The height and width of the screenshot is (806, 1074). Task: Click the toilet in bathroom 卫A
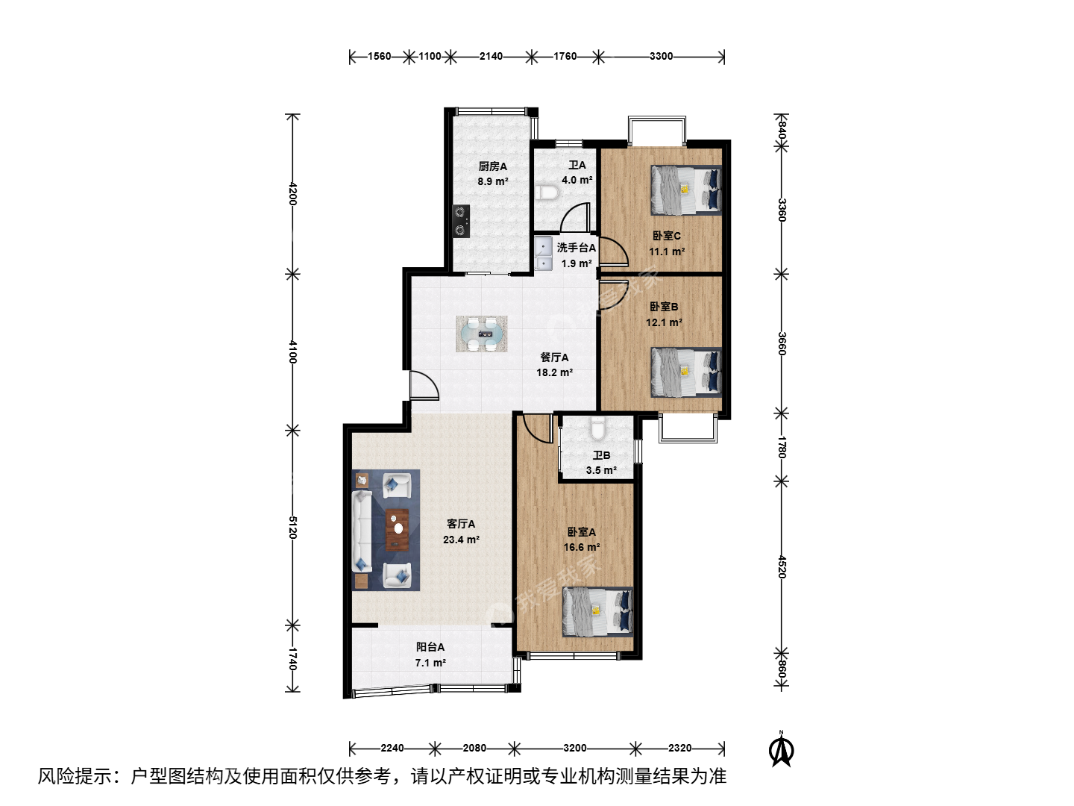coord(547,193)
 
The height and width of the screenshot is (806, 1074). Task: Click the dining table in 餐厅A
coord(482,334)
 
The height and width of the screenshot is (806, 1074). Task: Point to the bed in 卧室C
coord(686,190)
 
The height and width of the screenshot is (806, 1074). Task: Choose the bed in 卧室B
coord(686,372)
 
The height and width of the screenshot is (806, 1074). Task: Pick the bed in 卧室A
coord(598,612)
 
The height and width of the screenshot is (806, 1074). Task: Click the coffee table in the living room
coord(397,530)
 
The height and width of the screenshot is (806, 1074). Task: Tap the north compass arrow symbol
coord(782,749)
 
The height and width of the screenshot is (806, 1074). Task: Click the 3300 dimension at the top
coord(661,56)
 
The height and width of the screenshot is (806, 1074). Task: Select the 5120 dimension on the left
coord(292,527)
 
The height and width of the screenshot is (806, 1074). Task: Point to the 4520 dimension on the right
coord(782,566)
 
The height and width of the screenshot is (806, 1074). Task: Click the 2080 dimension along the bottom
coord(474,748)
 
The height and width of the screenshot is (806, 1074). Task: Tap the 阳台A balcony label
coord(430,647)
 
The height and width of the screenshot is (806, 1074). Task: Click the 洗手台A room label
coord(577,248)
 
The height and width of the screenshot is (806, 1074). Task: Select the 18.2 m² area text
coord(554,372)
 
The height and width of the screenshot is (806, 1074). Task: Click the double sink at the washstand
coord(544,253)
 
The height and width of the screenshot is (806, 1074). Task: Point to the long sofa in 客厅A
coord(362,531)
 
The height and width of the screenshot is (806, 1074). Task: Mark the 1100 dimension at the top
coord(430,56)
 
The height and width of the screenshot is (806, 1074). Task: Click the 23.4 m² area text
coord(461,540)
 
